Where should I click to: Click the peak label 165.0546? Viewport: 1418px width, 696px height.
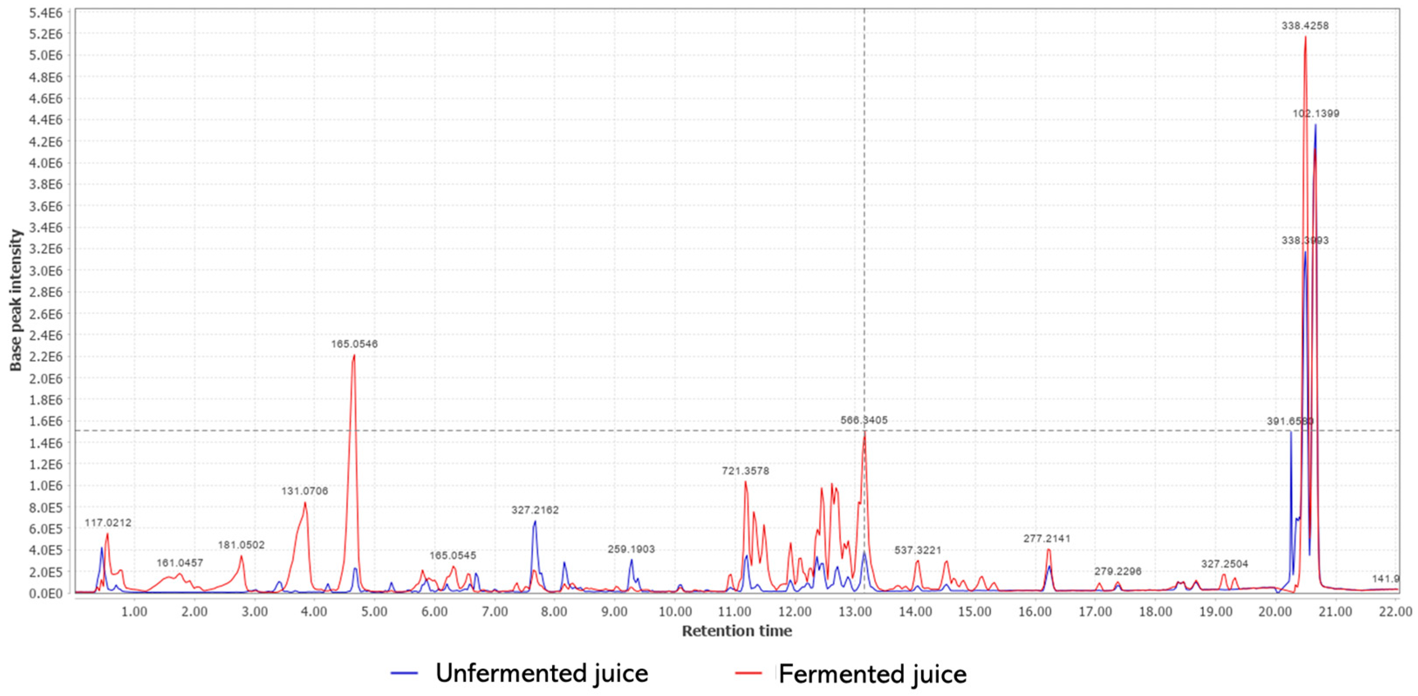point(354,344)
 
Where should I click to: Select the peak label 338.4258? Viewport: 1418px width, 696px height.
point(1305,26)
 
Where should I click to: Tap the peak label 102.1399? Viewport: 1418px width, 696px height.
point(1315,114)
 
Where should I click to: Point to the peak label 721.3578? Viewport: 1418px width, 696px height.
point(745,471)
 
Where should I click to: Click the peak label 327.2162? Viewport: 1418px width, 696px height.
point(534,510)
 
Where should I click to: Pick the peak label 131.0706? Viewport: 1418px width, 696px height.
point(304,491)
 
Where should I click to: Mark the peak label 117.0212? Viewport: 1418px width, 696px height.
point(108,523)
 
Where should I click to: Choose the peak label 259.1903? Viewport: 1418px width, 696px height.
point(631,549)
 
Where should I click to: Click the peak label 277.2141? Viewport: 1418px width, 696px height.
point(1046,539)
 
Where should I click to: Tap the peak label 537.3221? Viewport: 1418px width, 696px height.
point(918,550)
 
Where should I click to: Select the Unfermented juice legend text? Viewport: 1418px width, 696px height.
point(542,673)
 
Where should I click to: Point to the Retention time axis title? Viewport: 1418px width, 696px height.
point(737,631)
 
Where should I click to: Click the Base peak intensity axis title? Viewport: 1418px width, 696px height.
point(16,300)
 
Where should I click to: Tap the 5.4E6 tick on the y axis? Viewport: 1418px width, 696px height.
point(46,12)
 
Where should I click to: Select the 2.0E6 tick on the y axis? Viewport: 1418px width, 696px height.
point(46,379)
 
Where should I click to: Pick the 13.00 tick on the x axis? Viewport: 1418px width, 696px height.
point(855,612)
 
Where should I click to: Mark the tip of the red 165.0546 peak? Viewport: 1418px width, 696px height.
point(354,356)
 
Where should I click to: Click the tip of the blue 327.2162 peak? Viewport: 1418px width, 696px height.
point(534,521)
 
